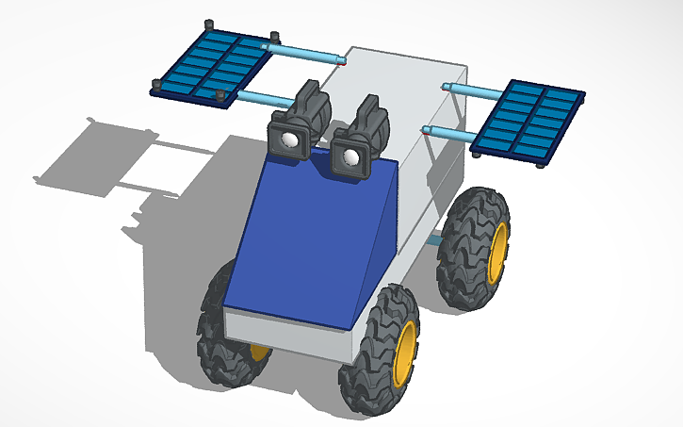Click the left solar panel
coord(212,65)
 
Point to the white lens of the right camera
coord(353,157)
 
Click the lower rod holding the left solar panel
coord(264,96)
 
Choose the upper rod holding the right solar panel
coord(477,91)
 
